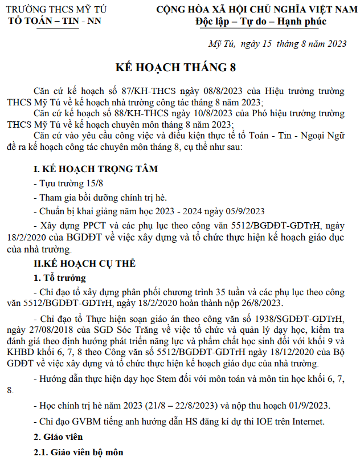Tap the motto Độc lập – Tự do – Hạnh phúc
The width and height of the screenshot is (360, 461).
pos(260,22)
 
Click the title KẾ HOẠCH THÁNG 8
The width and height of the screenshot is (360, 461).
pos(180,67)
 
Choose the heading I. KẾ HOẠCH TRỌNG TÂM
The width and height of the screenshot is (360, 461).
pos(96,169)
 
